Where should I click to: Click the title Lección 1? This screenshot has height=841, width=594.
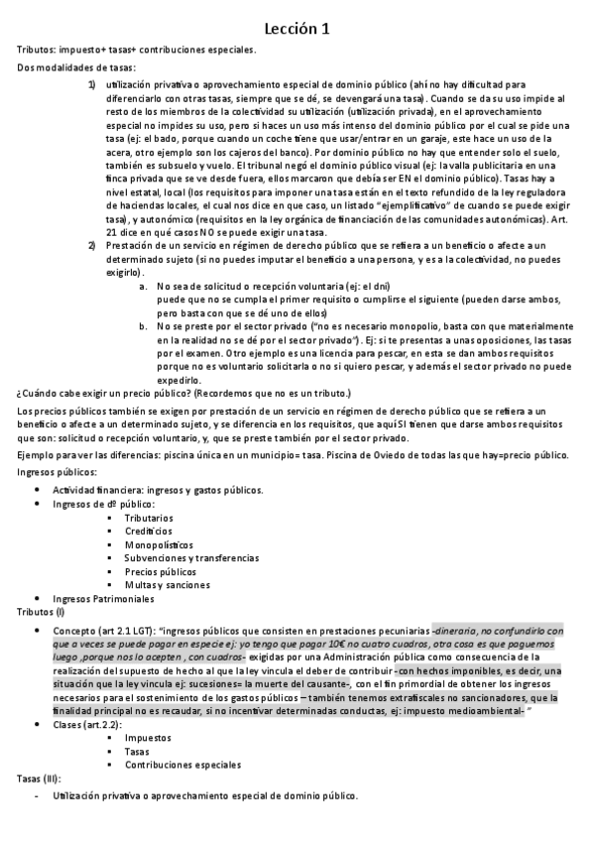[297, 31]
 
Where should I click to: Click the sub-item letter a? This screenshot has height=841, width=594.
[144, 286]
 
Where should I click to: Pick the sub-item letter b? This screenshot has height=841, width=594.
[144, 325]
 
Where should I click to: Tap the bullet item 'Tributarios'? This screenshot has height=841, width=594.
[149, 518]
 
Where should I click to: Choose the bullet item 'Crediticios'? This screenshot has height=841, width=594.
[148, 532]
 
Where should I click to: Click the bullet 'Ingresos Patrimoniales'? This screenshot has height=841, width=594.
[103, 599]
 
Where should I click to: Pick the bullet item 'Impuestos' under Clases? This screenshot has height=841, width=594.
[148, 738]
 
